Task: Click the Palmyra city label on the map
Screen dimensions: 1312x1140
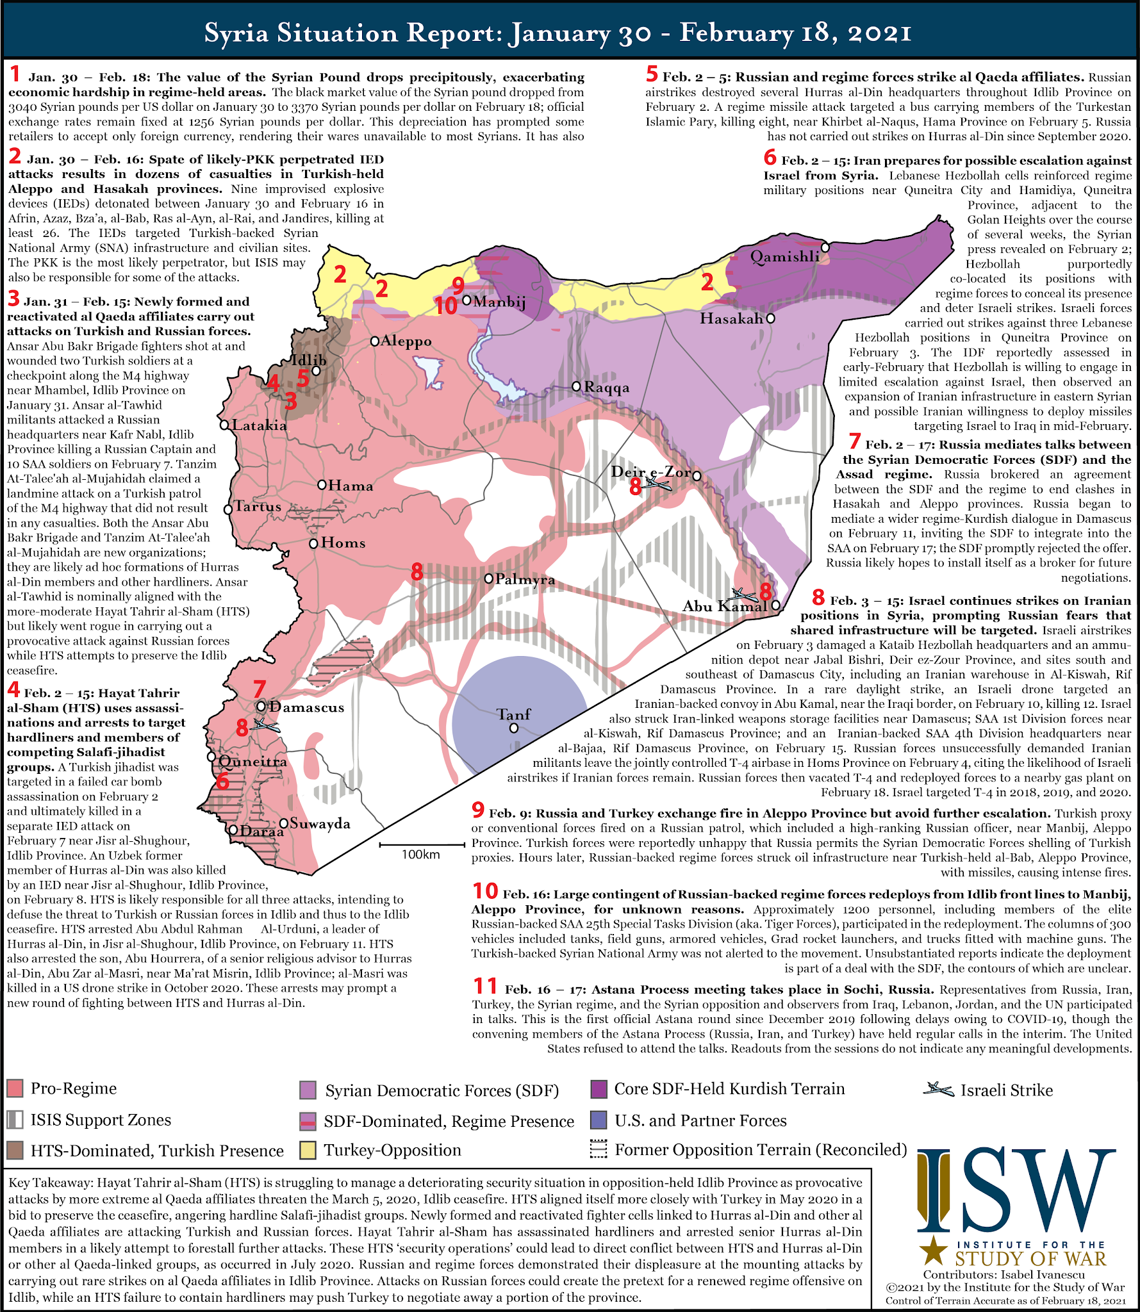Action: coord(525,580)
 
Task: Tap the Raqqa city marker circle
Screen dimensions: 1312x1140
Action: coord(576,386)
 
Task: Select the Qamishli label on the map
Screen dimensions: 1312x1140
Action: coord(785,257)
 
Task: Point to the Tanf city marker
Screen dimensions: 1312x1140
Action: coord(514,728)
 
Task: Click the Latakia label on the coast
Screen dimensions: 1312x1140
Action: coord(260,425)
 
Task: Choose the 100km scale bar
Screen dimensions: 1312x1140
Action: coord(421,846)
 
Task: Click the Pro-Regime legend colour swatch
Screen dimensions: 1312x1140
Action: coord(15,1088)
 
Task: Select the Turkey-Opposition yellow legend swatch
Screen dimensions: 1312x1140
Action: coord(308,1151)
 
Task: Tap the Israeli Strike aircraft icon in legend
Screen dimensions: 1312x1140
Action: coord(938,1089)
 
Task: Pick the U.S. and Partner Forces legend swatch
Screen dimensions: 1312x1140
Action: coord(599,1120)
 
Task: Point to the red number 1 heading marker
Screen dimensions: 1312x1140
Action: coord(15,75)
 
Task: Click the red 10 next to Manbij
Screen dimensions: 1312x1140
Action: coord(445,306)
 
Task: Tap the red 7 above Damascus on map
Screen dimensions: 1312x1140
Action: coord(260,690)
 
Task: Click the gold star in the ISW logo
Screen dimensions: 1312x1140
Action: coord(932,1250)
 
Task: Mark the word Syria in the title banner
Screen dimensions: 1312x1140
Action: coord(236,33)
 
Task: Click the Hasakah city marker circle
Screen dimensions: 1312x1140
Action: coord(770,318)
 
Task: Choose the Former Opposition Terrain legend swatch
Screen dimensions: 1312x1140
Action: coord(599,1150)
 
